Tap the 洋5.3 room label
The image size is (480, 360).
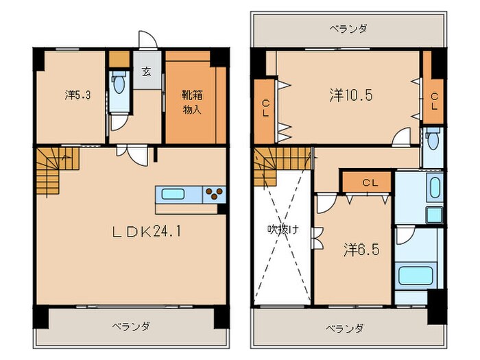pyautogui.click(x=77, y=95)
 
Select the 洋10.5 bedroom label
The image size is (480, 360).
pyautogui.click(x=350, y=95)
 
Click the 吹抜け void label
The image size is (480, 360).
pyautogui.click(x=283, y=230)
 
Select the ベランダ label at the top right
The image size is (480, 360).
pyautogui.click(x=348, y=29)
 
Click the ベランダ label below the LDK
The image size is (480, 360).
pyautogui.click(x=130, y=326)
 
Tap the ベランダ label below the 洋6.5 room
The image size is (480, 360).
pyautogui.click(x=344, y=327)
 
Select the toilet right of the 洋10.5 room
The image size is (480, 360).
pyautogui.click(x=432, y=141)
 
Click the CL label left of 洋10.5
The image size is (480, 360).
pyautogui.click(x=265, y=108)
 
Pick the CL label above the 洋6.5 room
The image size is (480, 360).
pyautogui.click(x=369, y=182)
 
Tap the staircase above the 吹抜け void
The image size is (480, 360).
pyautogui.click(x=271, y=165)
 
